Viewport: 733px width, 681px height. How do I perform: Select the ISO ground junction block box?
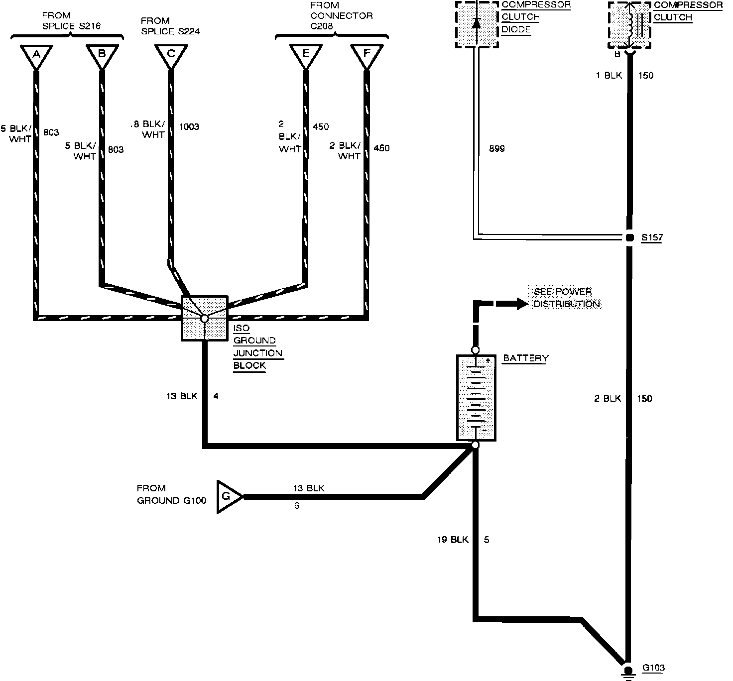pyautogui.click(x=205, y=319)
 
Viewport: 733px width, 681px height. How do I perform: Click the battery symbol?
pyautogui.click(x=476, y=398)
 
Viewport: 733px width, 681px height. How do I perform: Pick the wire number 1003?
pyautogui.click(x=189, y=126)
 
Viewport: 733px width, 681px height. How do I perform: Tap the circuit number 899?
pyautogui.click(x=497, y=148)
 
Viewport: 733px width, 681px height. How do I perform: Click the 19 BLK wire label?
pyautogui.click(x=453, y=539)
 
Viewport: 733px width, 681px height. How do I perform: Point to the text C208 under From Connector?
pyautogui.click(x=321, y=26)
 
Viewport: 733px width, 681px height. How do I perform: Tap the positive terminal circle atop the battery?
pyautogui.click(x=475, y=350)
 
